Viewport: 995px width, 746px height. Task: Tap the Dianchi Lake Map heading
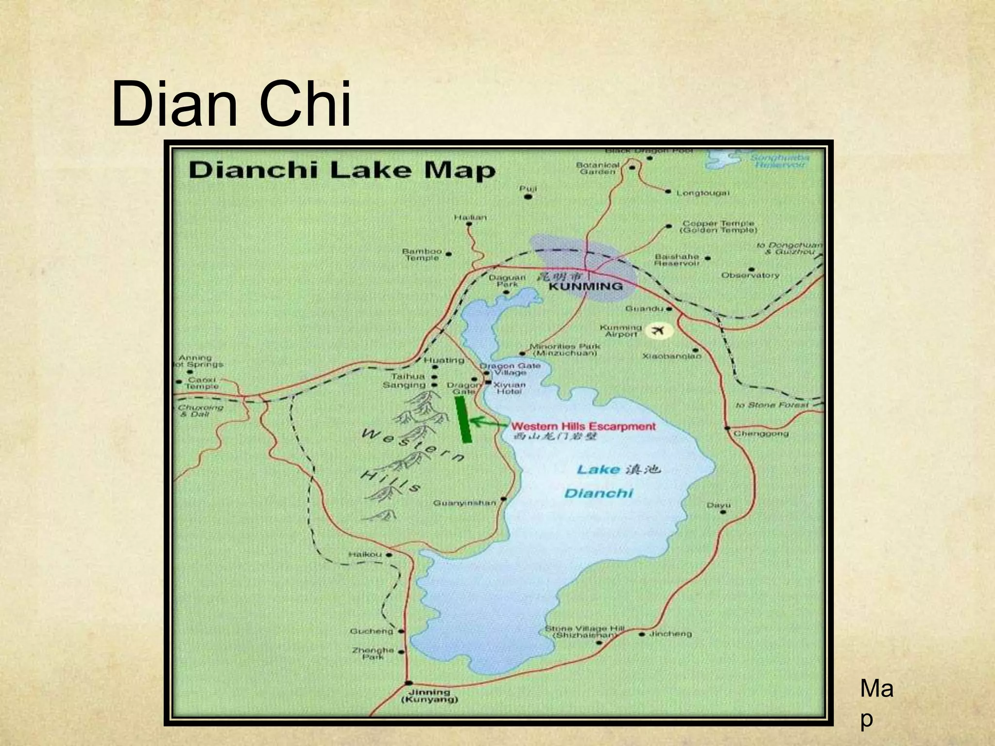tap(342, 171)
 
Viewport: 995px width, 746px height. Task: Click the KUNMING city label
tap(585, 286)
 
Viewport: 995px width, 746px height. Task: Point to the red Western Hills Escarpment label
tap(583, 426)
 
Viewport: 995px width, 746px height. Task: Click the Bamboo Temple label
tap(422, 254)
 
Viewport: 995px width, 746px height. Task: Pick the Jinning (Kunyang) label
tap(429, 695)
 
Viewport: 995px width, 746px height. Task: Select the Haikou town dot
tap(389, 554)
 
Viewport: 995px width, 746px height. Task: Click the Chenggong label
tap(761, 433)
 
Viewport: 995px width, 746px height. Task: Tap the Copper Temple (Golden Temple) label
tap(718, 226)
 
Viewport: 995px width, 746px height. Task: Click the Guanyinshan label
tap(464, 503)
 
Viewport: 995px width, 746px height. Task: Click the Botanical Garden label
tap(598, 168)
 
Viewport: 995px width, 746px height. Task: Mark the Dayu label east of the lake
tap(718, 505)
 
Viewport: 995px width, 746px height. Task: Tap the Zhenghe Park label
tap(373, 653)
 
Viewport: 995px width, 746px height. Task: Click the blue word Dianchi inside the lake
tap(599, 493)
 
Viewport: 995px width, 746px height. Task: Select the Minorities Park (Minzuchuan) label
tap(565, 350)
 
